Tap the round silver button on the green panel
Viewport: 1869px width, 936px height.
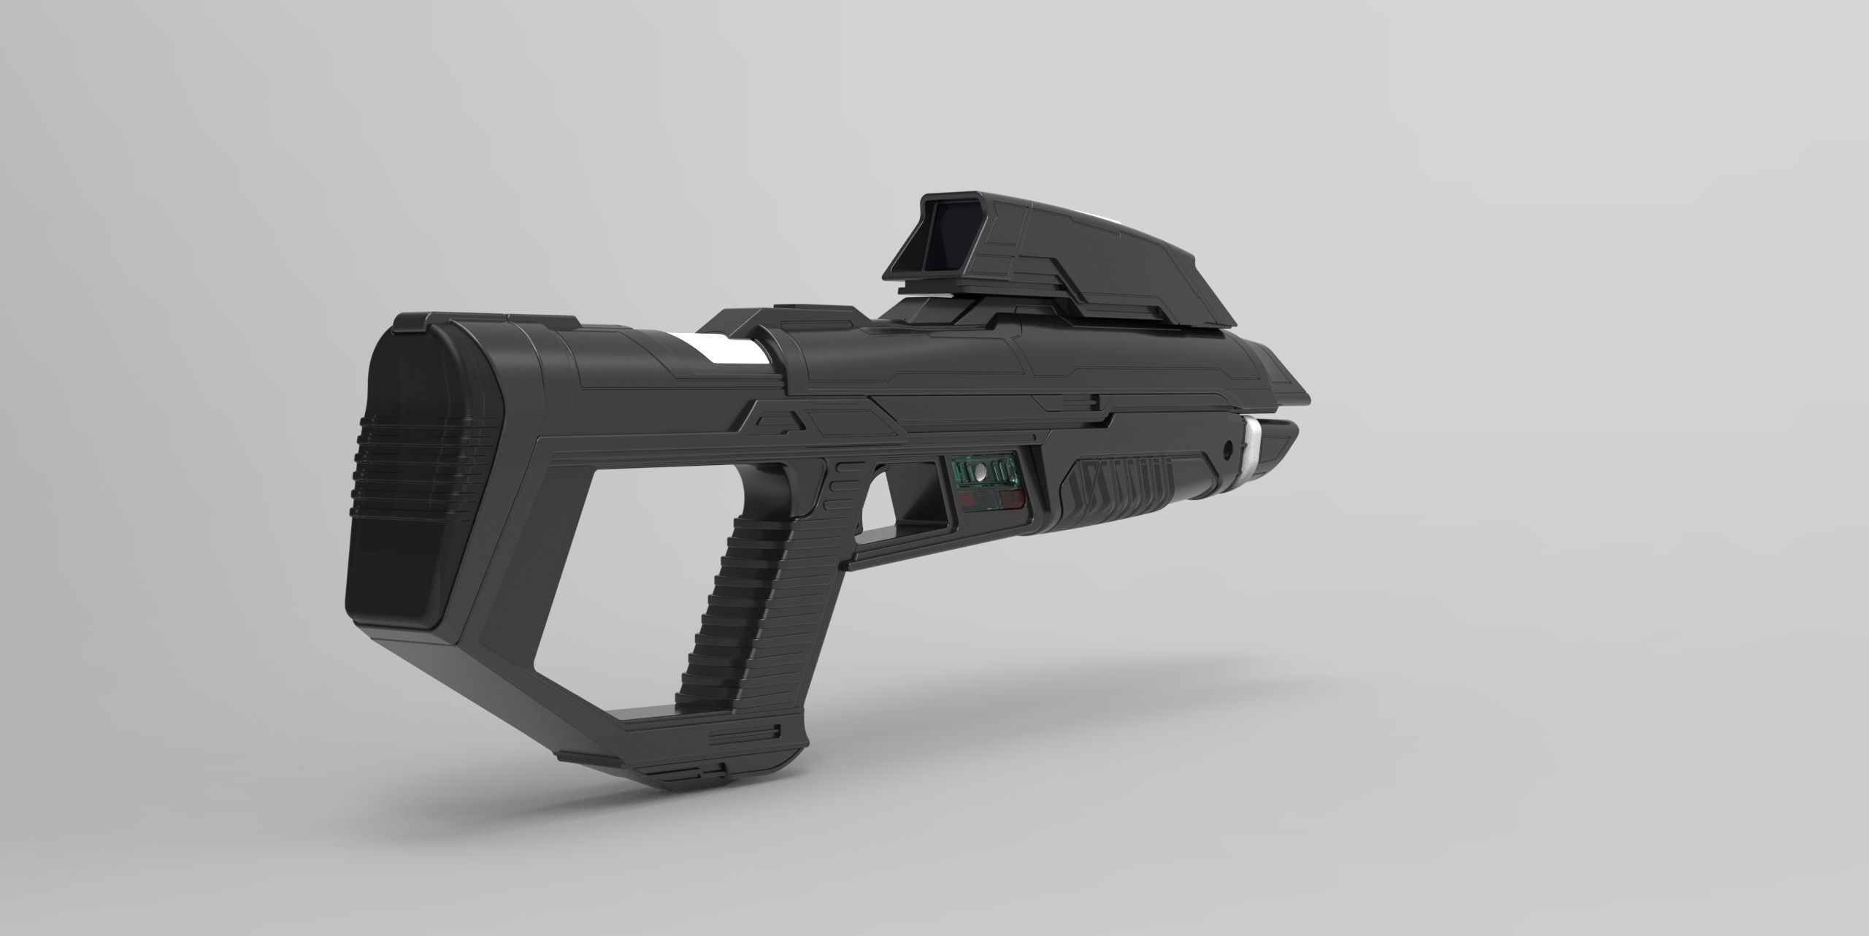980,474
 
